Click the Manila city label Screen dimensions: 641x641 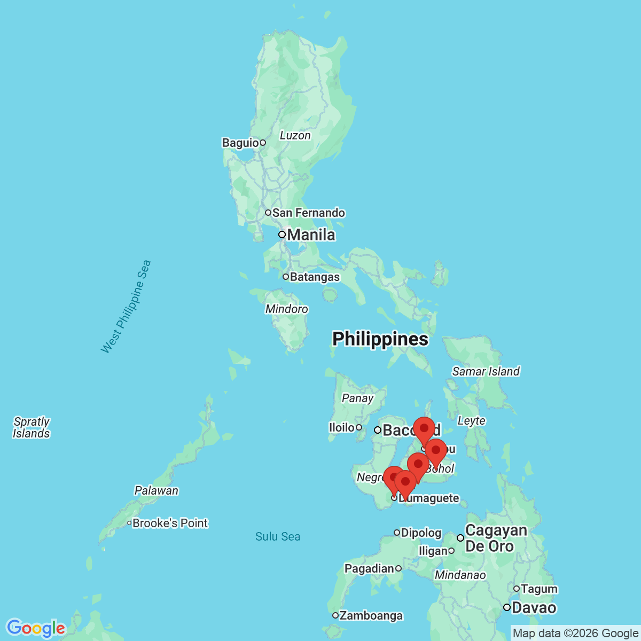pos(311,234)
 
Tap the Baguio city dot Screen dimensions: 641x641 pos(263,143)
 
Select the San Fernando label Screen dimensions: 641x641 pos(308,213)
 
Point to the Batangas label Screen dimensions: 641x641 pos(315,277)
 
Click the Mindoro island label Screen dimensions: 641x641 pos(286,309)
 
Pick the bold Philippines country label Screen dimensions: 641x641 pos(380,339)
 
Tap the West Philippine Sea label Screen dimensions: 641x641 pos(126,307)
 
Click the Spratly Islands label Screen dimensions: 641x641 pos(32,427)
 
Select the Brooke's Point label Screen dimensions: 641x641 pos(170,523)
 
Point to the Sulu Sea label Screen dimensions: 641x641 pos(278,536)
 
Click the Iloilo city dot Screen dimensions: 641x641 pos(359,427)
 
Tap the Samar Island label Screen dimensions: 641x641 pos(486,371)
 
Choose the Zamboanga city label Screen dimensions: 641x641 pos(371,615)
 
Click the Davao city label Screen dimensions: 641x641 pos(534,607)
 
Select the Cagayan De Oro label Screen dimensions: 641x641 pos(495,538)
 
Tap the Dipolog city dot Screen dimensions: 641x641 pos(397,533)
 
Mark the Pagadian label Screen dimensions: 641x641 pos(369,568)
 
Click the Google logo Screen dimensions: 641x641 pos(36,628)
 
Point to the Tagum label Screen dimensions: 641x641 pos(538,589)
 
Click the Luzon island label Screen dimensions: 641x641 pos(295,135)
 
